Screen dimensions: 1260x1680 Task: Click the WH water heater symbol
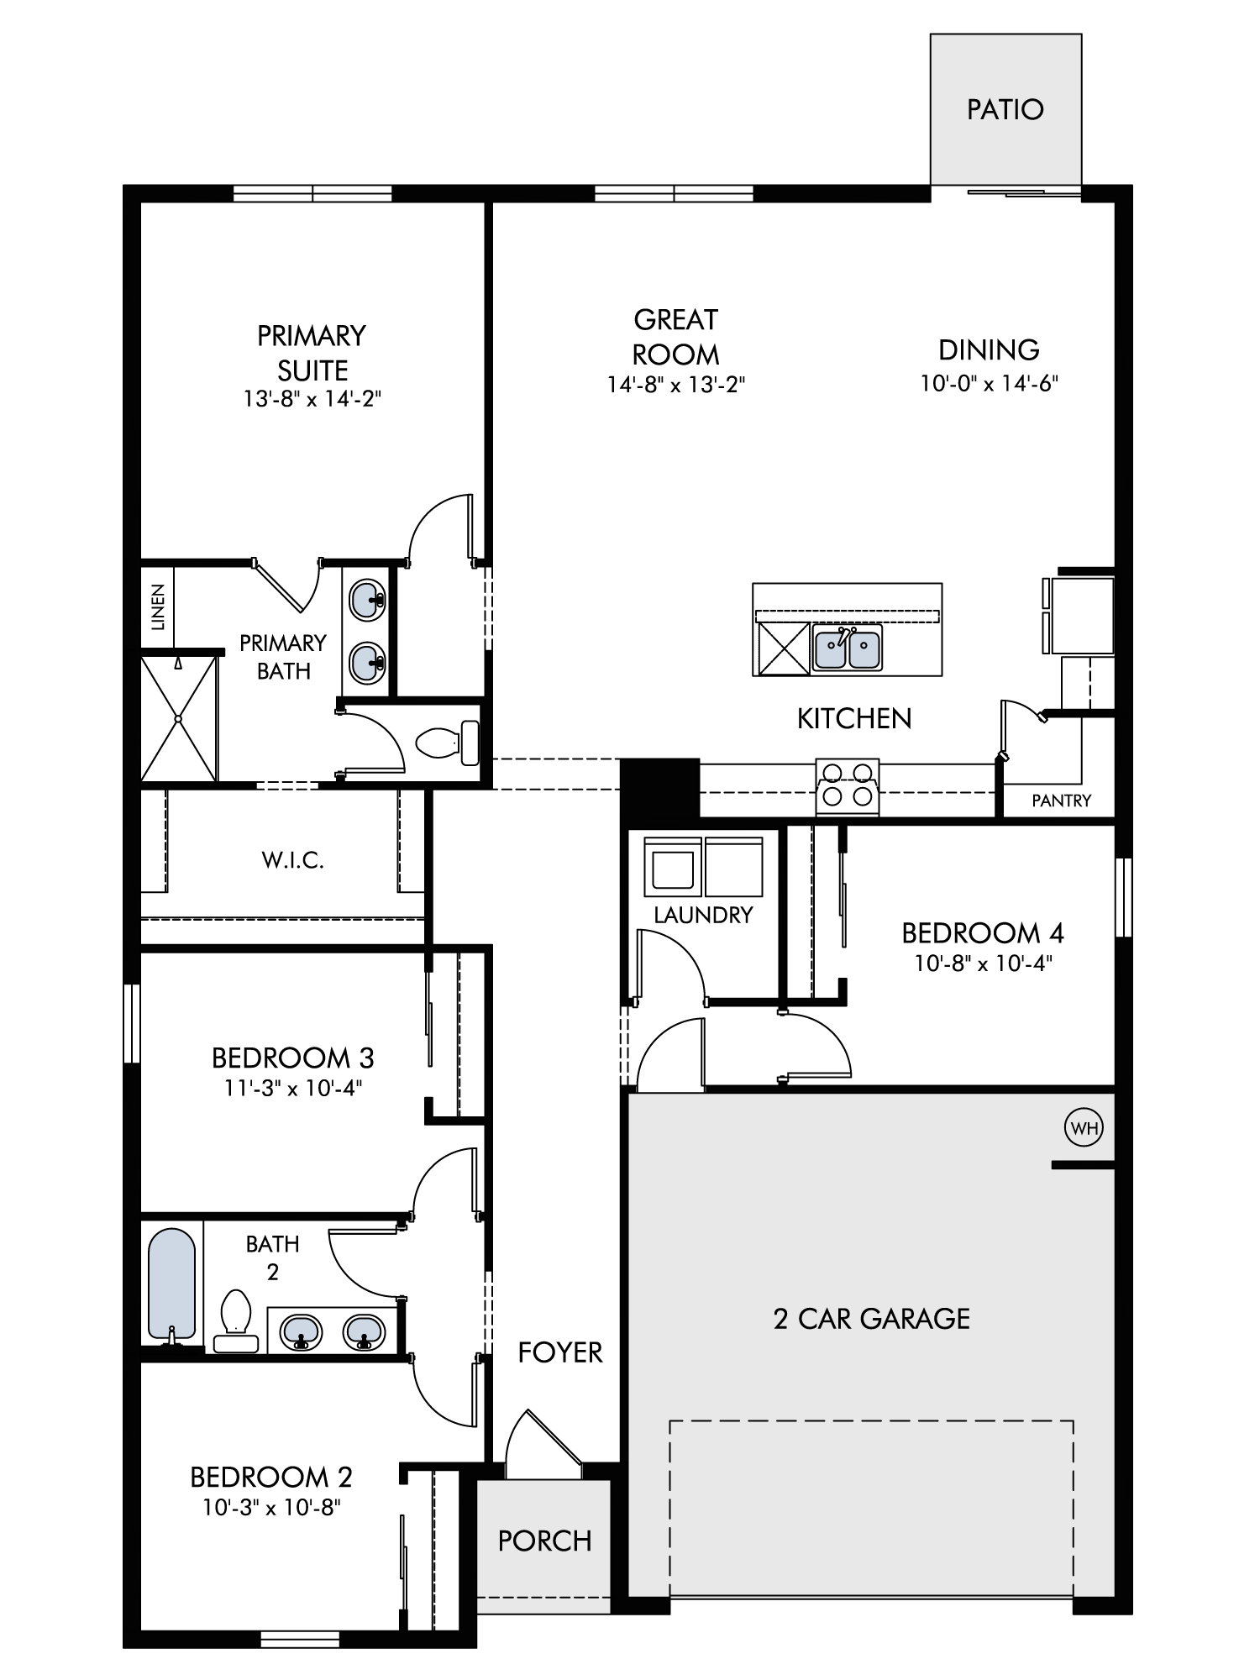tap(1084, 1128)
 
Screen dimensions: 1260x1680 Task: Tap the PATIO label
tap(1005, 109)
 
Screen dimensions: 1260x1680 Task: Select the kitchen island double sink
tap(848, 648)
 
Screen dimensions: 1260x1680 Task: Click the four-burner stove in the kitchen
tap(848, 786)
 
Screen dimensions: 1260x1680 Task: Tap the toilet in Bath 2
tap(236, 1320)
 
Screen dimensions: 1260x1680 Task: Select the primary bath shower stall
tap(179, 719)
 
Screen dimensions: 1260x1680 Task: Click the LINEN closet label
tap(158, 607)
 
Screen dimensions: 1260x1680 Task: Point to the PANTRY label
tap(1061, 801)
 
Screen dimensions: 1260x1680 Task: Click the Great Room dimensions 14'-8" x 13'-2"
tap(676, 385)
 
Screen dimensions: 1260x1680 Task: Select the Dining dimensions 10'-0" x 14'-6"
tap(989, 384)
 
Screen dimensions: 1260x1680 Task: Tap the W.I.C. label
tap(292, 860)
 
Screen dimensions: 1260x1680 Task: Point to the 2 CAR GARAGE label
tap(871, 1319)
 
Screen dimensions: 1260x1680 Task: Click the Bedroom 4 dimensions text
tap(983, 963)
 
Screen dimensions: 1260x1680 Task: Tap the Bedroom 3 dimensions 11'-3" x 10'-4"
tap(292, 1088)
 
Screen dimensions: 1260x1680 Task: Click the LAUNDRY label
tap(703, 915)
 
